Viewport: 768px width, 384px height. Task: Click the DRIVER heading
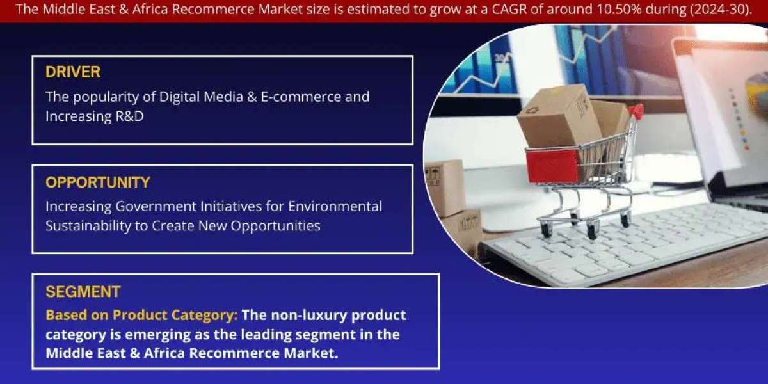pos(73,72)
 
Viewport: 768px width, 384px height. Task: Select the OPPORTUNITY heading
pos(98,182)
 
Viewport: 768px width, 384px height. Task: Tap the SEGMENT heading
pos(83,292)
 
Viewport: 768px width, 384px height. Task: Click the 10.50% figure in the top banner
pos(620,9)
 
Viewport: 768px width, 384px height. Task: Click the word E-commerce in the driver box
pos(301,97)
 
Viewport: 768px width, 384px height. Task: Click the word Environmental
pos(335,206)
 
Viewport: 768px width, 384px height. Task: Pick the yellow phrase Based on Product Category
pos(141,316)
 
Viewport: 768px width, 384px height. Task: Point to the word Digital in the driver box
pos(179,97)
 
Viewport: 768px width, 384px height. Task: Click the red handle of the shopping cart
pos(636,111)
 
